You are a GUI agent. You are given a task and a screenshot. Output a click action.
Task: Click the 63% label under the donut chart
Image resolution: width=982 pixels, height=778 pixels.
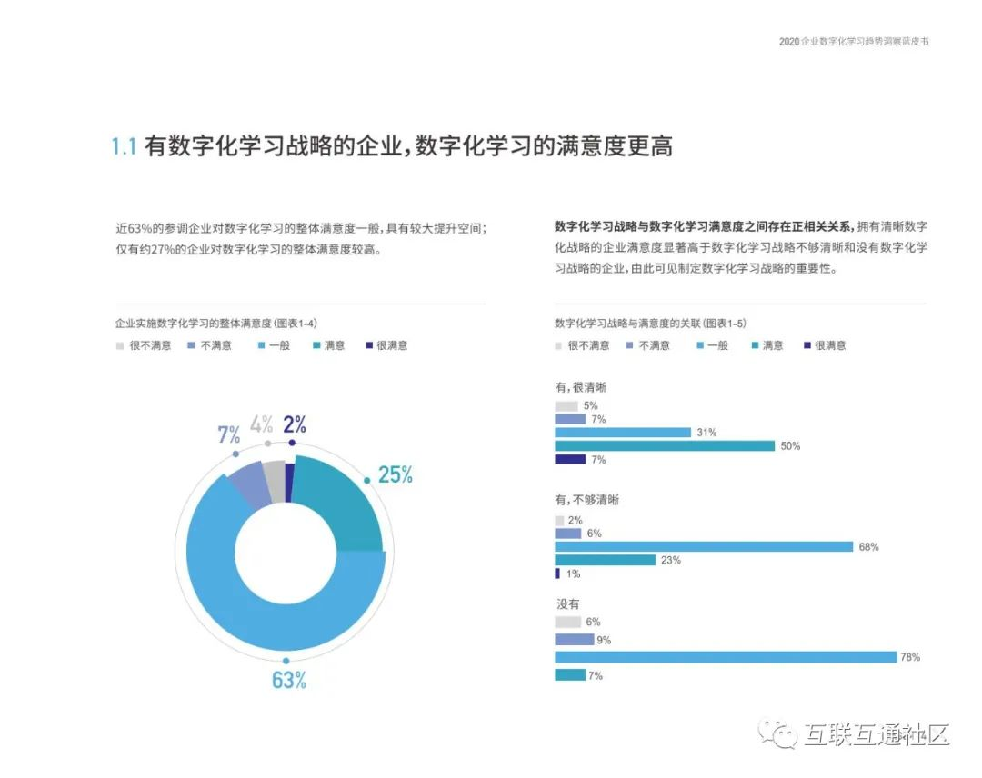pyautogui.click(x=288, y=680)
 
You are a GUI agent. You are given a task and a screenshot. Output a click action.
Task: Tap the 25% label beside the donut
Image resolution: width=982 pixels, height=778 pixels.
pyautogui.click(x=396, y=474)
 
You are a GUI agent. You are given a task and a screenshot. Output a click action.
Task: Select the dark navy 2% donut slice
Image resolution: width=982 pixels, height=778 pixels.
pyautogui.click(x=289, y=483)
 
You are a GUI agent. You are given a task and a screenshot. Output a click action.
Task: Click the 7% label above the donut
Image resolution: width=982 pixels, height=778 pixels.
pyautogui.click(x=228, y=434)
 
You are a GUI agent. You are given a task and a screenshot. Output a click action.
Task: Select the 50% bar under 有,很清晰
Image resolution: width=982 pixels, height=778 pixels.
pyautogui.click(x=665, y=445)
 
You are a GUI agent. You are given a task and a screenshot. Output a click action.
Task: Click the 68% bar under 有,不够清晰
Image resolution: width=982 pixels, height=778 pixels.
pyautogui.click(x=704, y=546)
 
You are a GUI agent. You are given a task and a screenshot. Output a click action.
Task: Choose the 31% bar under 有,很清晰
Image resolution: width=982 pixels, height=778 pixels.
pyautogui.click(x=623, y=432)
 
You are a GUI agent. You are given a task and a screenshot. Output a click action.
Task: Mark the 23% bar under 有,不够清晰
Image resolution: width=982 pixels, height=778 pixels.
pyautogui.click(x=605, y=560)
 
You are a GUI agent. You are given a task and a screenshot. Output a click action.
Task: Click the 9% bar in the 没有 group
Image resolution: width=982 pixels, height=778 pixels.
pyautogui.click(x=574, y=639)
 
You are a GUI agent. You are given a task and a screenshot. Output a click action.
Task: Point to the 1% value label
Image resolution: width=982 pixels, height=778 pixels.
pyautogui.click(x=573, y=574)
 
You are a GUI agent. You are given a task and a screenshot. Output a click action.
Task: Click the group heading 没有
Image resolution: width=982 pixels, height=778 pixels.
pyautogui.click(x=567, y=603)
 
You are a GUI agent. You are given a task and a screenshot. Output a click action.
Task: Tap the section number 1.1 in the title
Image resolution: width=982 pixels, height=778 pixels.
pyautogui.click(x=124, y=146)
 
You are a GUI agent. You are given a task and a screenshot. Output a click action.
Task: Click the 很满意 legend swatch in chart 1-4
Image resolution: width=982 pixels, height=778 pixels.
pyautogui.click(x=368, y=345)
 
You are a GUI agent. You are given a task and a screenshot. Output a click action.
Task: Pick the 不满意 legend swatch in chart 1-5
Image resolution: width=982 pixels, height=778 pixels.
pyautogui.click(x=629, y=345)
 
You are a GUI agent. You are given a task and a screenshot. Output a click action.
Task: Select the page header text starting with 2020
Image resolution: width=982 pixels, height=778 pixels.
pyautogui.click(x=854, y=42)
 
